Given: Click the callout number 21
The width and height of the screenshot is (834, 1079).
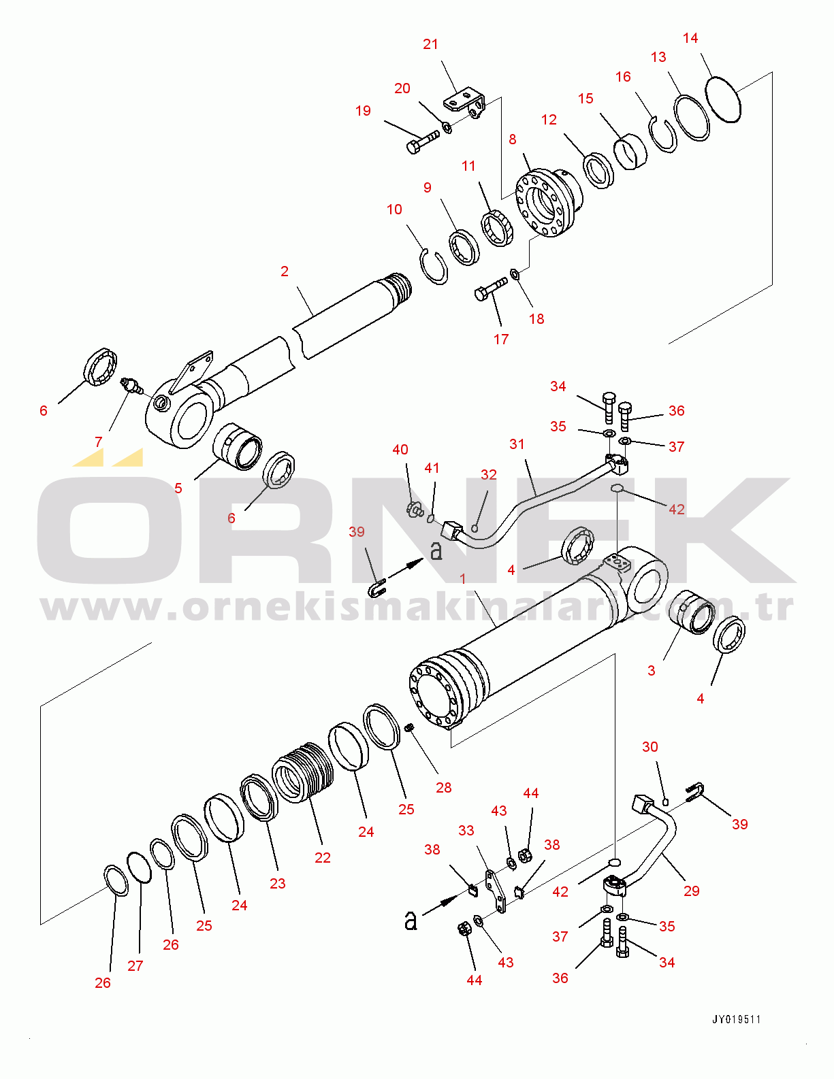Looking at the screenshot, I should point(430,44).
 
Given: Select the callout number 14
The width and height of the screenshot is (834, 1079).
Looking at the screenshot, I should point(690,38).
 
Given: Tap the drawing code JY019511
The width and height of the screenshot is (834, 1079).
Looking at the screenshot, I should point(737,1019).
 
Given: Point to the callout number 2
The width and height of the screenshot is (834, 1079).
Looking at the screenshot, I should point(285,271).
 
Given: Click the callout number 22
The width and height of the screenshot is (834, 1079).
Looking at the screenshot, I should point(323,858).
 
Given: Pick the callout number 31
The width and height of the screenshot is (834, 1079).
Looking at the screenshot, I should point(517,444).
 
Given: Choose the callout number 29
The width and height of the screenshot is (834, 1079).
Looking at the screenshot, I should point(692,891).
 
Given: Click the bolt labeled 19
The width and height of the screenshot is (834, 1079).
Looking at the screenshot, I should point(422,141).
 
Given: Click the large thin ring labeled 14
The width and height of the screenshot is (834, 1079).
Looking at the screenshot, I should point(722,99).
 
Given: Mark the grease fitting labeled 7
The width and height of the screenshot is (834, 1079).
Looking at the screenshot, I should point(131,386).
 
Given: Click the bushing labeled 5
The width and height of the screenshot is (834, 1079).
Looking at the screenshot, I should point(237,446).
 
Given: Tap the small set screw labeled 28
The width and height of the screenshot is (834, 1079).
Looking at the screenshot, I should point(409,728).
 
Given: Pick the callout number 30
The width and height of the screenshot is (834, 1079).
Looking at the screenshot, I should point(650,747).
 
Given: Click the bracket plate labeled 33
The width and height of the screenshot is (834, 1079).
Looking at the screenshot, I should point(496,890).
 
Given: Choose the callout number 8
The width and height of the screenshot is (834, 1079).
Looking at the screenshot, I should point(513,139).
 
